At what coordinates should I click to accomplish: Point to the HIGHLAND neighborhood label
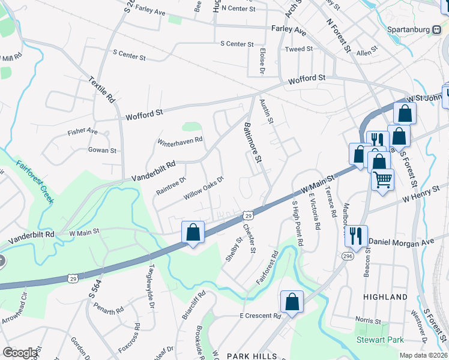click(385, 297)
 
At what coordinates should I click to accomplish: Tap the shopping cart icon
click(382, 179)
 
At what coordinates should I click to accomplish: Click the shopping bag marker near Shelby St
click(193, 232)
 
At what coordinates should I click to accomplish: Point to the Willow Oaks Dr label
click(203, 187)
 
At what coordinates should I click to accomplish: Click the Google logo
click(20, 353)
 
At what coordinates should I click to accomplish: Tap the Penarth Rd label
click(109, 310)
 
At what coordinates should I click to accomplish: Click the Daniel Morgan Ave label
click(400, 242)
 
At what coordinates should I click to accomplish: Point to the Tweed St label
click(299, 49)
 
